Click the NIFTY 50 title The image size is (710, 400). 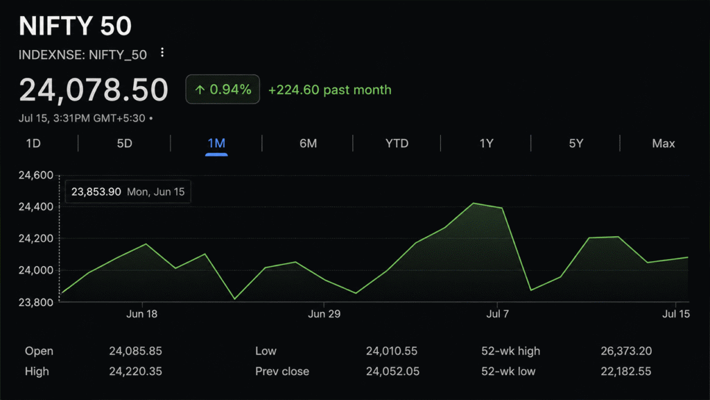coord(75,26)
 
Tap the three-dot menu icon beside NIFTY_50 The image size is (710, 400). coord(162,53)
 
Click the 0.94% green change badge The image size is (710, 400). coord(223,90)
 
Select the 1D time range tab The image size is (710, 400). coord(33,143)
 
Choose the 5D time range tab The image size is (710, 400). coord(125,143)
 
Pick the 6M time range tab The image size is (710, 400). coord(308,143)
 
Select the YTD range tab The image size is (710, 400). coord(397,143)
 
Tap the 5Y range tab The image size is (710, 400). coord(576,143)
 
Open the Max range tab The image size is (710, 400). coord(664,143)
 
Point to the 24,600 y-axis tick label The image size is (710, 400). coord(36,175)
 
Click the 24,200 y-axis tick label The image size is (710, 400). coord(36,239)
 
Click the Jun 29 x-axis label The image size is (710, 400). coord(324,314)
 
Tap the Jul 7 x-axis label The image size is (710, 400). coord(498,314)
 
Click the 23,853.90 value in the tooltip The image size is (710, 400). coord(96,192)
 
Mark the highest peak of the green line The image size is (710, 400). coord(473,203)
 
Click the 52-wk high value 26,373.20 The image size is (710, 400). coord(626,351)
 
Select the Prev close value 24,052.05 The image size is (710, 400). coord(392,372)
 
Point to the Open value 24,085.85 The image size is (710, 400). coord(135,351)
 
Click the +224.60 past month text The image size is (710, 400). coord(329,90)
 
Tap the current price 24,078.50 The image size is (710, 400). coord(94,90)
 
